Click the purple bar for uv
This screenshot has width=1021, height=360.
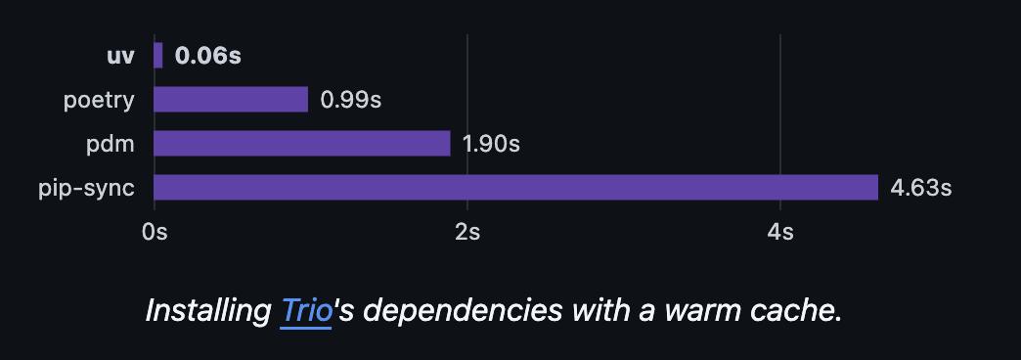pos(158,55)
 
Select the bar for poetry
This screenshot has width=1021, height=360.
pos(231,100)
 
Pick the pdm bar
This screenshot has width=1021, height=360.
pos(302,144)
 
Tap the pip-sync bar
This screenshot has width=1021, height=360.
pos(515,188)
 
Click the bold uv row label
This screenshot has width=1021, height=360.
pos(120,55)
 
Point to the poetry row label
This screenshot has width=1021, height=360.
pos(99,100)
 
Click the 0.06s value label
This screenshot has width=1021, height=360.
pos(207,56)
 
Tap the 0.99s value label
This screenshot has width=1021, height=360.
pos(350,100)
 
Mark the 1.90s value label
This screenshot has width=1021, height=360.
pos(491,144)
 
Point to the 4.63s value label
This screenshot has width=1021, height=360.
pos(920,188)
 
